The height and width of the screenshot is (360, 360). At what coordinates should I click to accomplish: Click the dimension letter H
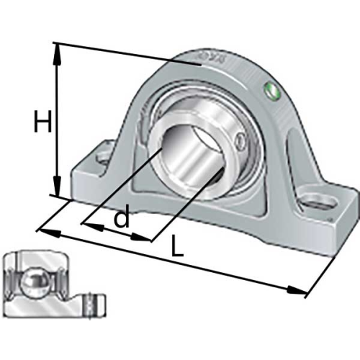42,121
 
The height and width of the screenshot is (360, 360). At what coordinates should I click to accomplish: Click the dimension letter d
122,217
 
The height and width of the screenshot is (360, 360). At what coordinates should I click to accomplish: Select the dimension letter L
177,246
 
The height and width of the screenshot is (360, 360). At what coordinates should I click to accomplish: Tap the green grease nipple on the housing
271,91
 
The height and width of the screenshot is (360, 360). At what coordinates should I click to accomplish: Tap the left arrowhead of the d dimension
93,227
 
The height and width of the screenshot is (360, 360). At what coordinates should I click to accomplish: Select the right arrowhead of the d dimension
140,238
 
